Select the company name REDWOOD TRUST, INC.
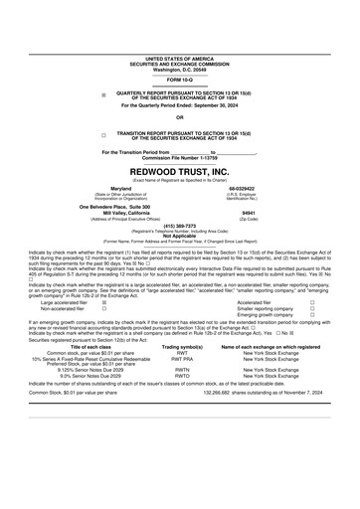click(x=180, y=171)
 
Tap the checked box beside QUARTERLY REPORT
click(x=103, y=94)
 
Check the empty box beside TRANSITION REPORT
click(x=103, y=132)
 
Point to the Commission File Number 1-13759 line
click(x=179, y=157)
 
